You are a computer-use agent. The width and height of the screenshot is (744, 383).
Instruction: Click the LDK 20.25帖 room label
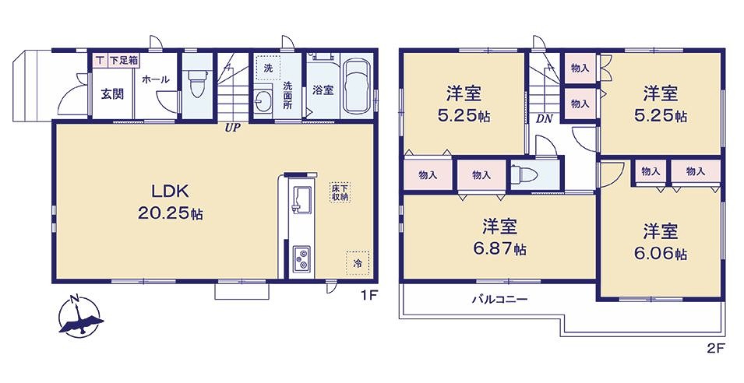click(x=171, y=202)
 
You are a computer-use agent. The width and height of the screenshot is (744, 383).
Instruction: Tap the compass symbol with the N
click(x=79, y=316)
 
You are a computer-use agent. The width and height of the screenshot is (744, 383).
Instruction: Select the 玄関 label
click(x=112, y=94)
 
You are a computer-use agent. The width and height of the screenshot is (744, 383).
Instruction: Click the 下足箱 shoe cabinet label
click(x=125, y=60)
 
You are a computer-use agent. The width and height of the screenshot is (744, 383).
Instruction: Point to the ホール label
click(x=156, y=79)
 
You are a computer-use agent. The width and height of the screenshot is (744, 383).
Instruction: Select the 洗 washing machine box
click(x=268, y=68)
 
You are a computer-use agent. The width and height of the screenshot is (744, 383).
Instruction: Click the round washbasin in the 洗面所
click(x=262, y=100)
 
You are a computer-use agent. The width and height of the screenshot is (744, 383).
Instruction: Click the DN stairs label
click(x=545, y=119)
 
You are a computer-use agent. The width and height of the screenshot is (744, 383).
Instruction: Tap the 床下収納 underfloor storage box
click(x=340, y=191)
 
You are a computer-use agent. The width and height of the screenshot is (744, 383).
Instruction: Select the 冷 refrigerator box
click(x=358, y=263)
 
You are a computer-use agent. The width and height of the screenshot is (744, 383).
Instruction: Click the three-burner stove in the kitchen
click(x=301, y=258)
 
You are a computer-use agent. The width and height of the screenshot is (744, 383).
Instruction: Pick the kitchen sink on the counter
click(x=301, y=199)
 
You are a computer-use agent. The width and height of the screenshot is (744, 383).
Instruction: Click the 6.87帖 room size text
click(x=499, y=249)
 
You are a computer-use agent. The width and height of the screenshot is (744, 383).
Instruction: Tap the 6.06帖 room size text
click(x=660, y=254)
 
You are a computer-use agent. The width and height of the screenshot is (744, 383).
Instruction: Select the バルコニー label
click(x=499, y=300)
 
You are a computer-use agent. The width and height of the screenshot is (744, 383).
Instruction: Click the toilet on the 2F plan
click(x=525, y=175)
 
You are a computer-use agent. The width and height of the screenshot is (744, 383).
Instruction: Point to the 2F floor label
click(x=716, y=350)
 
